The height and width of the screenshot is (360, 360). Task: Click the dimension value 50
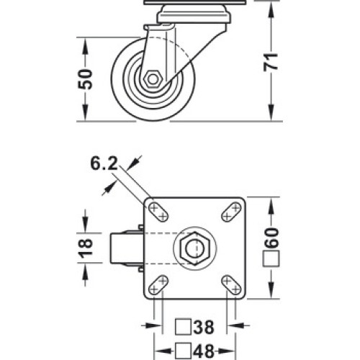(85, 79)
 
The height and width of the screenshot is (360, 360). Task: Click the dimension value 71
(271, 62)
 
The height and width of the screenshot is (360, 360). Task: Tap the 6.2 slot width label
(104, 164)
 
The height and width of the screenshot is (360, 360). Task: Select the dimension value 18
(86, 248)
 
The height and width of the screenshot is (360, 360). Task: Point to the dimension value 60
(271, 238)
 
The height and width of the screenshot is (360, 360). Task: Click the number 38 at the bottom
(204, 327)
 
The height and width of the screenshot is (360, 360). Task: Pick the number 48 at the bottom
(204, 351)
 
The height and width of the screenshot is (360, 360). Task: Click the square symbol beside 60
(271, 258)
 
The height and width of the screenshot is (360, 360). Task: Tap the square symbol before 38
(183, 327)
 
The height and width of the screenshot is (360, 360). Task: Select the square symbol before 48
(183, 351)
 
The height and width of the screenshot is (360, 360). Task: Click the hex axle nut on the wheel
(153, 79)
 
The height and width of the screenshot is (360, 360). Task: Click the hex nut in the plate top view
(195, 248)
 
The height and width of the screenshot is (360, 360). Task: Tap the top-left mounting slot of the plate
(158, 212)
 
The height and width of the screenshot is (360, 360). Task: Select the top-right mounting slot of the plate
(231, 212)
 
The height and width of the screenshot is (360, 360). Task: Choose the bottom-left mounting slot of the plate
(158, 285)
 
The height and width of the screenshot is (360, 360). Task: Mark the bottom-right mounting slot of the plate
(231, 285)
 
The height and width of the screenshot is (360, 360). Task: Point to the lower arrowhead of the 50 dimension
(85, 112)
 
